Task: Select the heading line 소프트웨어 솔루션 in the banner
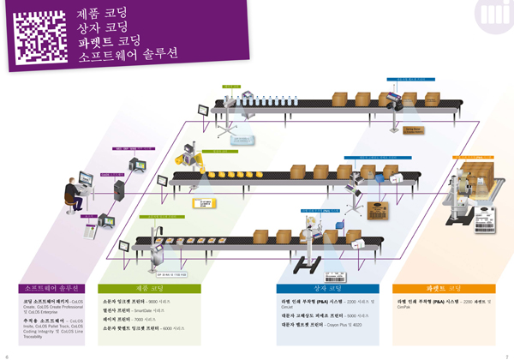(x=128, y=55)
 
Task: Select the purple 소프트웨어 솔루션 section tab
(x=53, y=289)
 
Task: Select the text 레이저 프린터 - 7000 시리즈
(x=133, y=319)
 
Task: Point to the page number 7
(x=507, y=354)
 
